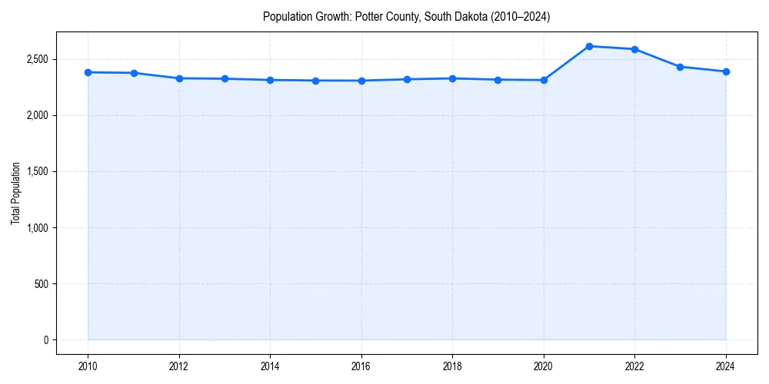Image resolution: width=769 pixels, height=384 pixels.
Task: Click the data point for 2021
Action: coord(589,46)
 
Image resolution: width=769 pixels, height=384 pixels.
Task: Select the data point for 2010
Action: coord(88,72)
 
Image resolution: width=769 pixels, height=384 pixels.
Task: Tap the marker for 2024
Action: coord(726,71)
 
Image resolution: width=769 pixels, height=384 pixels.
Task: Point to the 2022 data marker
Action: coord(634,49)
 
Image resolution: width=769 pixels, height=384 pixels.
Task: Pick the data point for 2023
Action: coord(681,67)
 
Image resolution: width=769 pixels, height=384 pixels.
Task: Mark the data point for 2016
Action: coord(361,81)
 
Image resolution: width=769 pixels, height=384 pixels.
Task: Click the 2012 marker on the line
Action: coord(179,78)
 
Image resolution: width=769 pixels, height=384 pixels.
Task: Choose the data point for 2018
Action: coord(452,78)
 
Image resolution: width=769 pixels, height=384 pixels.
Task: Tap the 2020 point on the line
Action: coord(544,80)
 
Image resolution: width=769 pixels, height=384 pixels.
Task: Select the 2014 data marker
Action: coord(270,80)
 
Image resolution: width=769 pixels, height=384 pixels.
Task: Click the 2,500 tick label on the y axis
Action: coord(37,59)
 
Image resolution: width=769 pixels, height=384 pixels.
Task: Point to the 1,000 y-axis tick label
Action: coord(37,228)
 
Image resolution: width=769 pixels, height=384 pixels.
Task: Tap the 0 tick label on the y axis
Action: coord(45,340)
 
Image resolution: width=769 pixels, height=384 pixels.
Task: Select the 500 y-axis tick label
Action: coord(41,284)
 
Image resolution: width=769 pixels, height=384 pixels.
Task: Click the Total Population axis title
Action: coord(15,193)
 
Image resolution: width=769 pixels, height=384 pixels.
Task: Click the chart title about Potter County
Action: coord(406,16)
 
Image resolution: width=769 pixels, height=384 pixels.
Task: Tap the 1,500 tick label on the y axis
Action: coord(37,172)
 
